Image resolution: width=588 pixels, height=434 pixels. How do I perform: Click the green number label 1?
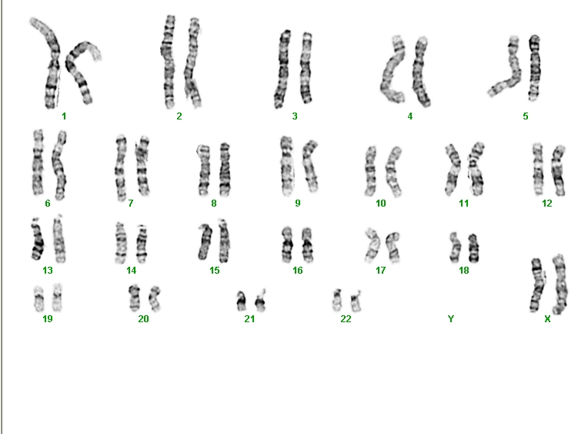64,116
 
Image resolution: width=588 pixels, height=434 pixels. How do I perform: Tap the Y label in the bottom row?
451,319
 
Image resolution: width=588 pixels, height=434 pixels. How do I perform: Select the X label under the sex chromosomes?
547,319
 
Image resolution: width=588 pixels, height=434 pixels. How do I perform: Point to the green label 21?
250,319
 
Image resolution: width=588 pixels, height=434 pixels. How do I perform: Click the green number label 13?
48,271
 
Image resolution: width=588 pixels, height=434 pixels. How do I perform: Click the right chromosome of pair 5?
535,68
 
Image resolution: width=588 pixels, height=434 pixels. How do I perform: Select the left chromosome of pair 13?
37,240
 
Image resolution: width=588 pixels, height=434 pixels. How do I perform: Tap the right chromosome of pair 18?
473,248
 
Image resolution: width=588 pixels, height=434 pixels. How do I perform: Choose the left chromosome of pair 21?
241,301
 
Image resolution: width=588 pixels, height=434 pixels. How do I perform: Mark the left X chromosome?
537,284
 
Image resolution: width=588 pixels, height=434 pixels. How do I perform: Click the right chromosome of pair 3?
306,69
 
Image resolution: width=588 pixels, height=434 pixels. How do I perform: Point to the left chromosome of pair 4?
393,70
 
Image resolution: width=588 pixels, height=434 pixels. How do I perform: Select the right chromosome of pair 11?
476,169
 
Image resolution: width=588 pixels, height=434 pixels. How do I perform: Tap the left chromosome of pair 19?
38,299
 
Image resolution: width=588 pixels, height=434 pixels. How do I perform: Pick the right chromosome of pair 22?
356,301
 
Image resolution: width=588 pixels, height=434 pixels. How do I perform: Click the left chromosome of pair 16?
287,244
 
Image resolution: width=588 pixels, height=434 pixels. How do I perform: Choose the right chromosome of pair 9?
311,166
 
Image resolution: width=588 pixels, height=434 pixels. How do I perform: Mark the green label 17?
381,271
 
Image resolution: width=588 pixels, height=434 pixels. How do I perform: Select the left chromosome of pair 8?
204,170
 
